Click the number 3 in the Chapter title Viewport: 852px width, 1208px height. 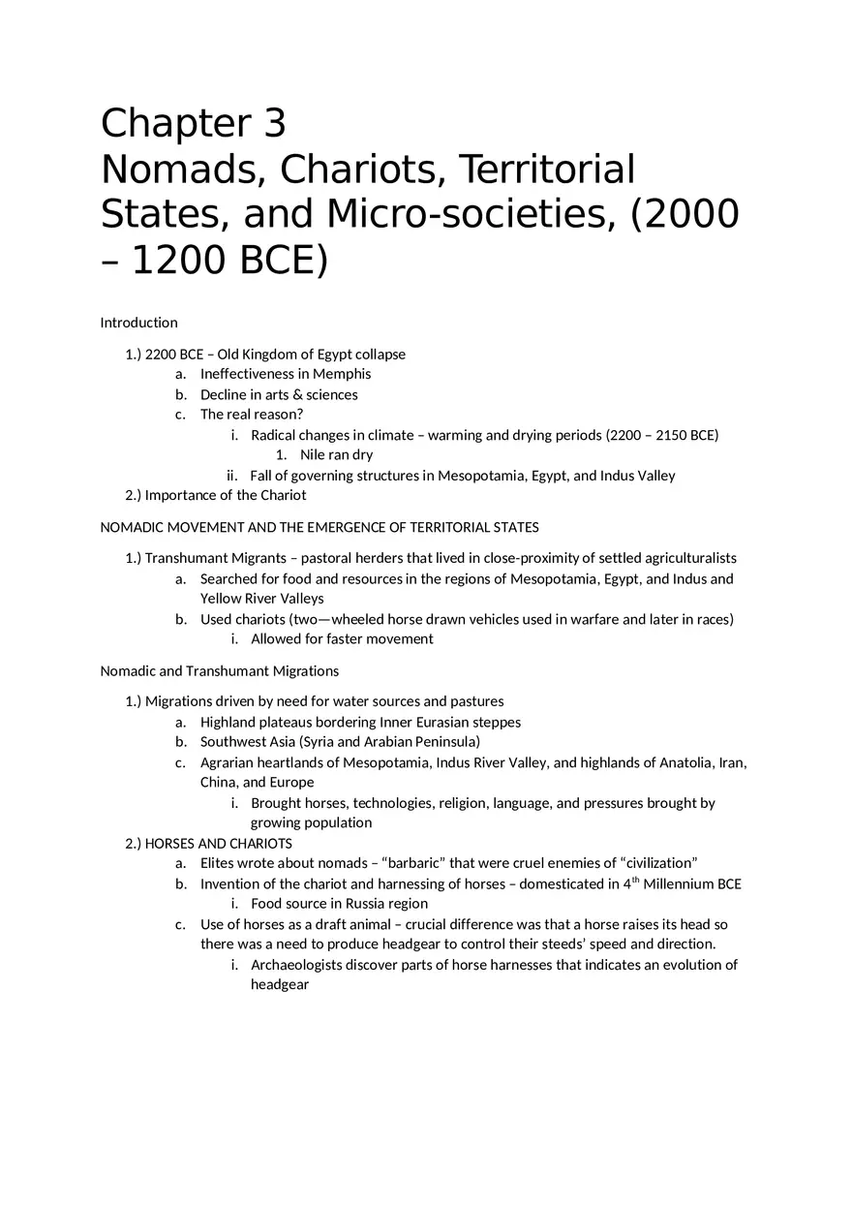click(x=270, y=125)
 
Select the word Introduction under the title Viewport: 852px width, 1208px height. click(x=139, y=323)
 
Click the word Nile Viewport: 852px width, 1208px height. click(x=312, y=455)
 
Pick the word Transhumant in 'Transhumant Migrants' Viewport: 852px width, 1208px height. click(x=183, y=558)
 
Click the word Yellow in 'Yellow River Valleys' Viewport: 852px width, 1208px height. click(x=220, y=599)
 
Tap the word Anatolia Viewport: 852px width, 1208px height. click(x=685, y=762)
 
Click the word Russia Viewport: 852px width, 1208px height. click(x=366, y=904)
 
